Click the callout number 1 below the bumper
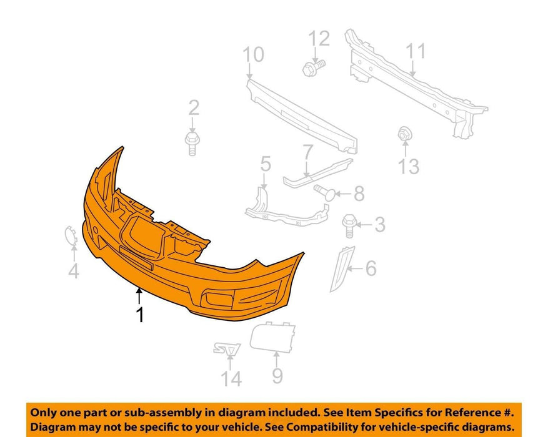[x=141, y=315]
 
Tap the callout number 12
[x=319, y=38]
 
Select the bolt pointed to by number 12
[x=314, y=67]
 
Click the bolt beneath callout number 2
[x=192, y=142]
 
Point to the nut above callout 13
[x=405, y=134]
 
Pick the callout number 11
[x=416, y=51]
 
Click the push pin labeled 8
[x=325, y=192]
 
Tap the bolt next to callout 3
[x=349, y=226]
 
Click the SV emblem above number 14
[x=227, y=349]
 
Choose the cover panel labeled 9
[x=272, y=337]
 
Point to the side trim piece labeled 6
[x=342, y=268]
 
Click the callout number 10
[x=254, y=55]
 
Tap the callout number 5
[x=266, y=164]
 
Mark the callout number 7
[x=308, y=152]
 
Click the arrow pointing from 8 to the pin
[x=344, y=194]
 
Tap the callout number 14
[x=231, y=379]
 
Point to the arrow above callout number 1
[x=139, y=296]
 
